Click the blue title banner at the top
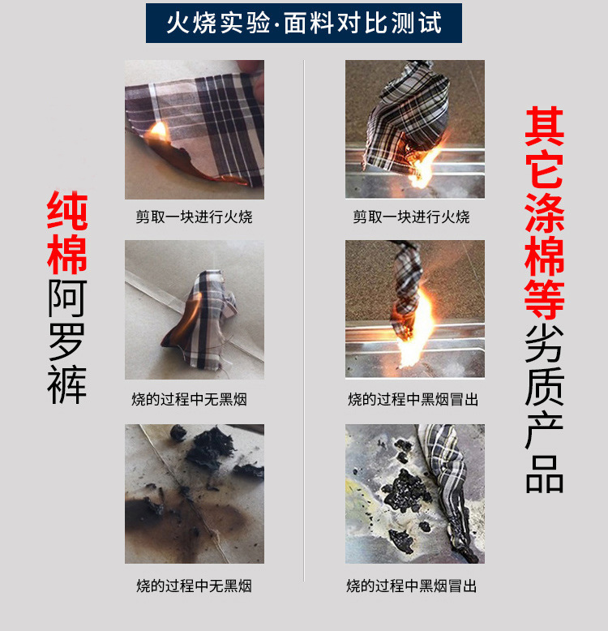pyautogui.click(x=304, y=23)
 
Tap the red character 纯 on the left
pyautogui.click(x=67, y=210)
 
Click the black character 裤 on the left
pyautogui.click(x=67, y=384)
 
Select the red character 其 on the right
pyautogui.click(x=545, y=126)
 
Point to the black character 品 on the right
pyautogui.click(x=545, y=474)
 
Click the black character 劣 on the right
pyautogui.click(x=545, y=342)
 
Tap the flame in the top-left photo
pyautogui.click(x=158, y=131)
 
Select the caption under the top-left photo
pyautogui.click(x=194, y=217)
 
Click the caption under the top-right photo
pyautogui.click(x=411, y=217)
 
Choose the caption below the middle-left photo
pyautogui.click(x=189, y=399)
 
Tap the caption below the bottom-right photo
pyautogui.click(x=411, y=586)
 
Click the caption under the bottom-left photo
pyautogui.click(x=194, y=586)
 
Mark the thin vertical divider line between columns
pyautogui.click(x=304, y=320)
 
